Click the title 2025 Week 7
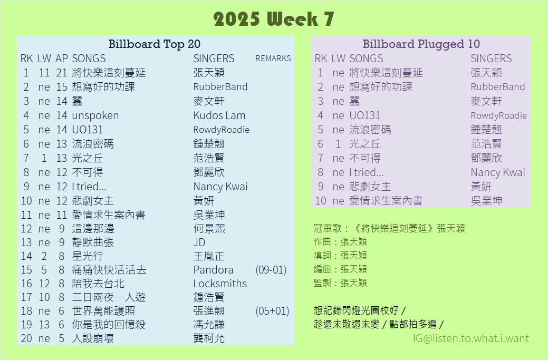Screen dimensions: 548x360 [274, 19]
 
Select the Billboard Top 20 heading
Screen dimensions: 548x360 [154, 44]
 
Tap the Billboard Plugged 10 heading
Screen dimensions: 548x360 [421, 44]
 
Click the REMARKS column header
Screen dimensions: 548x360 [273, 59]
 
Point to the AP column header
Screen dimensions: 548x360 [62, 59]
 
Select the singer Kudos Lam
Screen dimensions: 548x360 [219, 115]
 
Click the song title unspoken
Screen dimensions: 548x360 [95, 116]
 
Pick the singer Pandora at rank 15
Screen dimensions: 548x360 [213, 270]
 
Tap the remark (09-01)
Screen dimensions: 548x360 [271, 270]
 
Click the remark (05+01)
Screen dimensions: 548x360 [272, 311]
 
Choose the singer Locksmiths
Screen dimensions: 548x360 [220, 284]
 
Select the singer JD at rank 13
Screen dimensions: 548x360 [199, 242]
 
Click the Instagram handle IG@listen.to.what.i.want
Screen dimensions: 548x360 [471, 338]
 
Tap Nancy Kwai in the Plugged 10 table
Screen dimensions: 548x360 [498, 172]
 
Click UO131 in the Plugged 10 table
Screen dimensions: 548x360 [364, 115]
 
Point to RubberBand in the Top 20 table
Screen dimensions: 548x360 [220, 86]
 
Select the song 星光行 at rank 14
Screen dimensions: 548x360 [88, 256]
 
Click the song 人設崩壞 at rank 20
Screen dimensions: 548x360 [93, 338]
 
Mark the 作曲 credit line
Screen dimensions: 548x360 [340, 241]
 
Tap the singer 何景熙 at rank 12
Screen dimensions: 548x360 [209, 229]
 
